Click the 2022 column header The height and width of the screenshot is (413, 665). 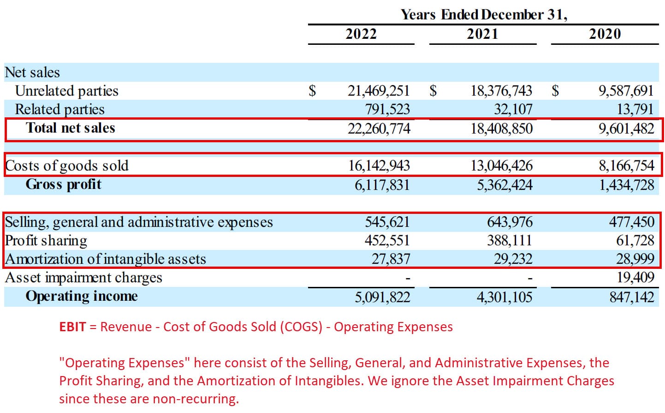pos(361,34)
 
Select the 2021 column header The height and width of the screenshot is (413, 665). pos(482,34)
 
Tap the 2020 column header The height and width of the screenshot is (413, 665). pos(605,34)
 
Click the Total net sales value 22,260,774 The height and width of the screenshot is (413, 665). pos(379,128)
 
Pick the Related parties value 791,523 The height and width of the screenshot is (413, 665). pos(387,109)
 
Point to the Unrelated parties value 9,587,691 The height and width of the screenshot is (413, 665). pos(626,91)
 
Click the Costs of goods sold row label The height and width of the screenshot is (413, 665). pos(67,166)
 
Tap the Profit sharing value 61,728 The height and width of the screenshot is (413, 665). pos(635,240)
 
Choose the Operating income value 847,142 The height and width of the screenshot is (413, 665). pos(631,297)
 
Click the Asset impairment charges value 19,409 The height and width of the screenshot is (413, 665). pos(635,277)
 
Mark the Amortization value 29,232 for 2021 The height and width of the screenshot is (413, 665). pos(513,259)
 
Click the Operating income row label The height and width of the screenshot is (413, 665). pos(82,296)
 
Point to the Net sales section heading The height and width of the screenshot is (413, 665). pos(32,73)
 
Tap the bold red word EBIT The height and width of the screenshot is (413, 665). pos(72,327)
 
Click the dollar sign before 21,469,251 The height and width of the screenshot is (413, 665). pos(312,91)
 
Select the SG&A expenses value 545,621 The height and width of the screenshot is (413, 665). pos(387,222)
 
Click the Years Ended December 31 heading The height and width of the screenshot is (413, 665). pos(483,15)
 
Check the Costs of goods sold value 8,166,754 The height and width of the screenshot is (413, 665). pos(626,166)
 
